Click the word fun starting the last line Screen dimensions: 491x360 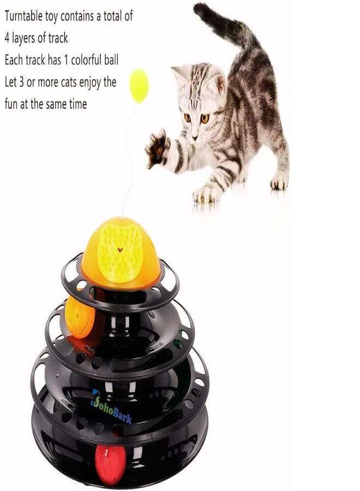coord(11,104)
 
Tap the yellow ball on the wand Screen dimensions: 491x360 coord(139,85)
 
